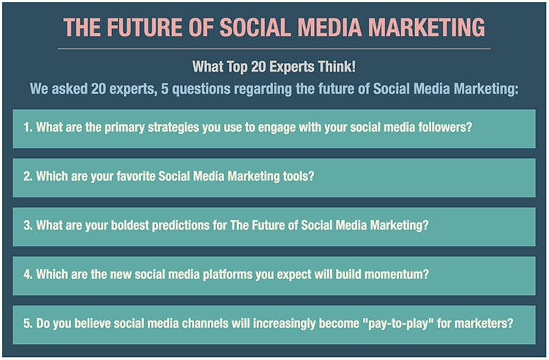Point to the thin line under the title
click(274, 49)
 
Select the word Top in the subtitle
click(237, 67)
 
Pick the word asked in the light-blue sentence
click(70, 89)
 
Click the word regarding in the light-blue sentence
click(263, 89)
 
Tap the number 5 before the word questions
click(165, 89)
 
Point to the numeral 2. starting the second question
click(28, 176)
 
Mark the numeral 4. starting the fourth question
click(28, 274)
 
